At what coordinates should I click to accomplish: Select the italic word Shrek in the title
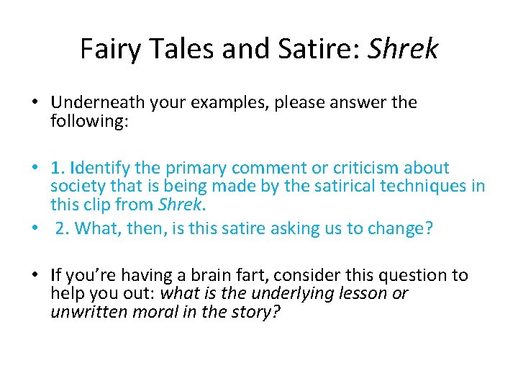pyautogui.click(x=403, y=49)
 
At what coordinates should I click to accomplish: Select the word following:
pyautogui.click(x=89, y=120)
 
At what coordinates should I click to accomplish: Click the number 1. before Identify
pyautogui.click(x=58, y=169)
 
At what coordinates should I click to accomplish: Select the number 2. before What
pyautogui.click(x=63, y=228)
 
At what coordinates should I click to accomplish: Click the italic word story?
pyautogui.click(x=258, y=311)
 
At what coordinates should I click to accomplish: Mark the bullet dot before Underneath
pyautogui.click(x=34, y=103)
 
